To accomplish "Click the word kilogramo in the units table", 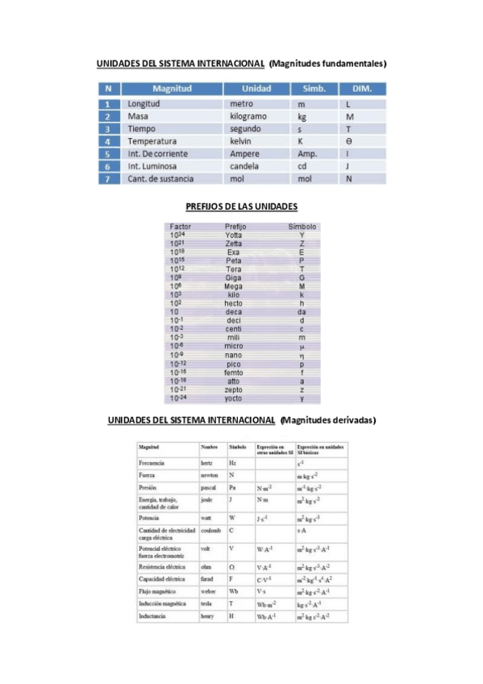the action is coord(248,116).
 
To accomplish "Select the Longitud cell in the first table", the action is coord(144,104).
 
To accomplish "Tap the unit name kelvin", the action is coord(242,141).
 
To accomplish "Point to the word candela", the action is coord(244,166).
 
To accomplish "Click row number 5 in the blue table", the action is coord(107,154).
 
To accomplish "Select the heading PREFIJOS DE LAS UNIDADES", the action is coord(241,206).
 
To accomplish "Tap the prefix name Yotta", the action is coord(234,236).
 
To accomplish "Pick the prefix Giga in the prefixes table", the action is coord(234,277).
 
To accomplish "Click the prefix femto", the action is coord(234,373).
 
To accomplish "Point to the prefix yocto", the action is coord(234,398).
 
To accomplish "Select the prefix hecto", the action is coord(234,303).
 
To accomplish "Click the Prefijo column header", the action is coord(235,227).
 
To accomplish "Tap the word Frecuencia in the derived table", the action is coord(152,463).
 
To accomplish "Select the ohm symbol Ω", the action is coord(232,567).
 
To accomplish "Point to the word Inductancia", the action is coord(153,615).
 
